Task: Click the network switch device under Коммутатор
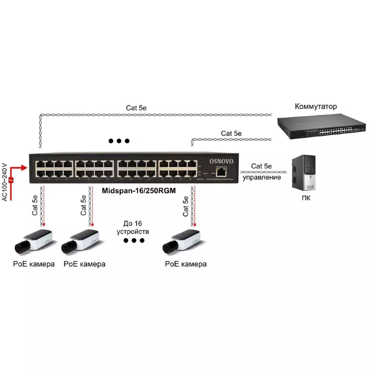(x=322, y=128)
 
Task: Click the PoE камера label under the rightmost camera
(x=186, y=264)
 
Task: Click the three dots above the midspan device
(x=119, y=141)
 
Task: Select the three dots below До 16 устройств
(x=133, y=241)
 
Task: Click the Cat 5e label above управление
(x=261, y=166)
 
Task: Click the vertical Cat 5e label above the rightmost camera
(x=186, y=207)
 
